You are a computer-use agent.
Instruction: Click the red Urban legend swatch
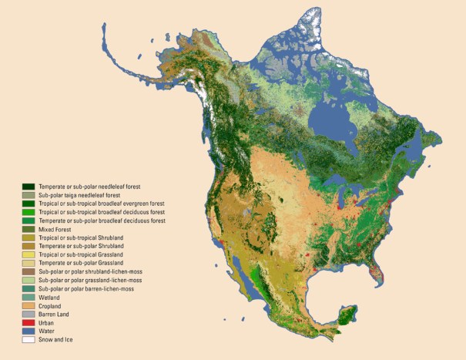tap(28, 321)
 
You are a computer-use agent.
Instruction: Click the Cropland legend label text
tap(52, 304)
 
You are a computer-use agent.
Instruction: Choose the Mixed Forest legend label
tap(56, 228)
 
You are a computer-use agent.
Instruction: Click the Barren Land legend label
tap(55, 313)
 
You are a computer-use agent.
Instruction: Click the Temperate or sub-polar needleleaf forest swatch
tap(28, 186)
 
